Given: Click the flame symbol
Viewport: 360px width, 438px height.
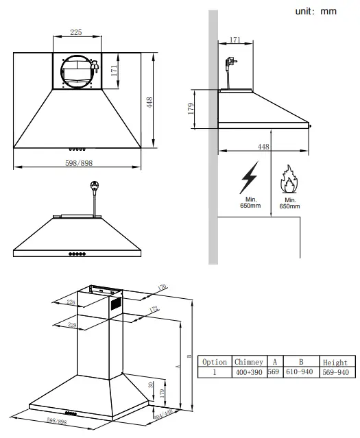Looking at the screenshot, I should [289, 180].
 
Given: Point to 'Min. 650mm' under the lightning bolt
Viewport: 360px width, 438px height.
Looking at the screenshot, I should [250, 202].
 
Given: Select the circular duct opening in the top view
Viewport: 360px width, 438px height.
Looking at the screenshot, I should [77, 70].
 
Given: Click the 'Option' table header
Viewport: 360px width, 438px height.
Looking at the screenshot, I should [215, 362].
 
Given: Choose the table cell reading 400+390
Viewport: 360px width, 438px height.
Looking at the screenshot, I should [249, 372].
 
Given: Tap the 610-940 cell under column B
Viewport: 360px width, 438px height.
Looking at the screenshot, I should [300, 372].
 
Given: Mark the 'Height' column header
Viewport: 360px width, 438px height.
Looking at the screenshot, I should [335, 362].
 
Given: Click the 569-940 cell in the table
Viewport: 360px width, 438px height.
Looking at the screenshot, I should [335, 372].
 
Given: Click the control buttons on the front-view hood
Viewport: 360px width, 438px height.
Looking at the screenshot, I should [77, 254].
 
